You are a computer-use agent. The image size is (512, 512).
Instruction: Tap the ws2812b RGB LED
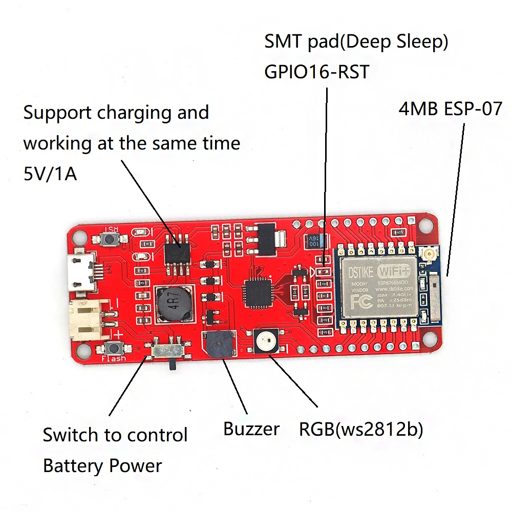point(265,340)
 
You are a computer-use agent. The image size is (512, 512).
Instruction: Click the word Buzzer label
point(251,429)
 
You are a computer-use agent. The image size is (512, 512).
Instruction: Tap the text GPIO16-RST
point(316,72)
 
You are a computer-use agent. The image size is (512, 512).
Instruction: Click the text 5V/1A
point(50,174)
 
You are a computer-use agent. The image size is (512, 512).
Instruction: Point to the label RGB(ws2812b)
point(361,429)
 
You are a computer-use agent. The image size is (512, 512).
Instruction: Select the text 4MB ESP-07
point(450,109)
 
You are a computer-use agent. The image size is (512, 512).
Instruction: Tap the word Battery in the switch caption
point(73,466)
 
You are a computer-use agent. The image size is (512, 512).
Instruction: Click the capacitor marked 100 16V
point(313,241)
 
